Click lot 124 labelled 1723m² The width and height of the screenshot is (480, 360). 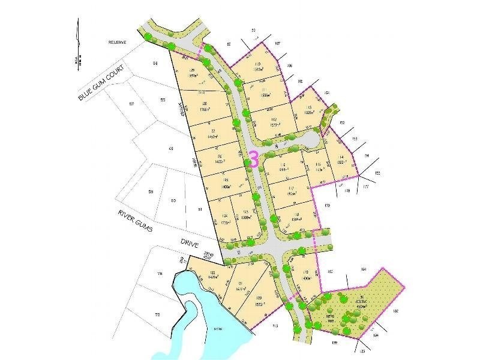[x=225, y=218]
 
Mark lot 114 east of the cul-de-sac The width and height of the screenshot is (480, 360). [x=340, y=157]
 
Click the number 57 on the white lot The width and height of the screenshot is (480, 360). [x=131, y=103]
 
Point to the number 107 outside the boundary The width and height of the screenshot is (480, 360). [x=277, y=44]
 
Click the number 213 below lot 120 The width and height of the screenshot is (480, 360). [x=275, y=326]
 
